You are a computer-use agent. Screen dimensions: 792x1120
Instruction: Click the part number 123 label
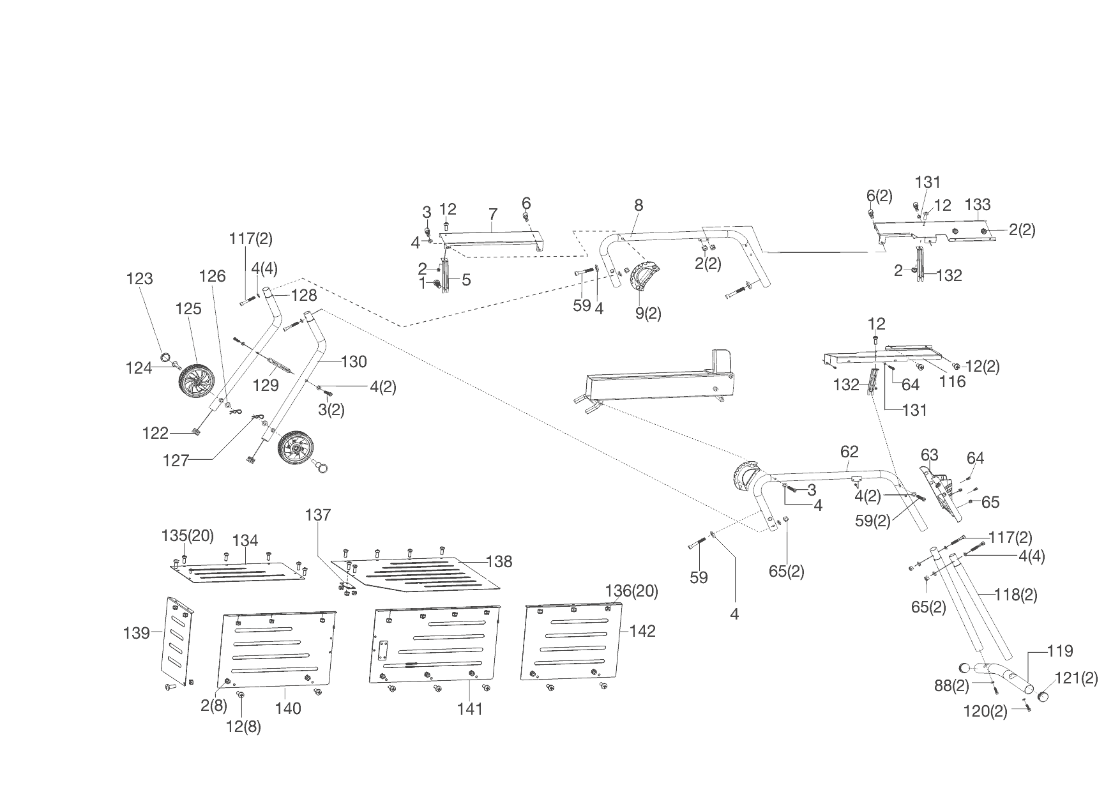(x=140, y=278)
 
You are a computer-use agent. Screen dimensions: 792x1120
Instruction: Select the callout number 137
(x=318, y=515)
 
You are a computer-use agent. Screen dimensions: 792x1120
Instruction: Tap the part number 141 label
(x=470, y=709)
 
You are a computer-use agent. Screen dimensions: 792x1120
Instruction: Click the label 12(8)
(x=243, y=726)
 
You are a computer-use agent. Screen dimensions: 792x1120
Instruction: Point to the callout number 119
(x=1060, y=651)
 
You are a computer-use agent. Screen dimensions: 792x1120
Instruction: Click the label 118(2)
(x=1015, y=595)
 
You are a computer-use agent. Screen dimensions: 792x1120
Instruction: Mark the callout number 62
(x=849, y=452)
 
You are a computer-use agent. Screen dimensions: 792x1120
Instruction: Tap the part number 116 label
(x=952, y=381)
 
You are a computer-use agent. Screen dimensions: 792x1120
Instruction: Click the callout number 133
(x=978, y=204)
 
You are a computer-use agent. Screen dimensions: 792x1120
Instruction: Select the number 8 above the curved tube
(x=639, y=205)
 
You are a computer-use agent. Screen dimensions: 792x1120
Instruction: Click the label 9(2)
(x=647, y=314)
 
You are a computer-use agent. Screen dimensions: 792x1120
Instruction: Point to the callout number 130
(x=354, y=362)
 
